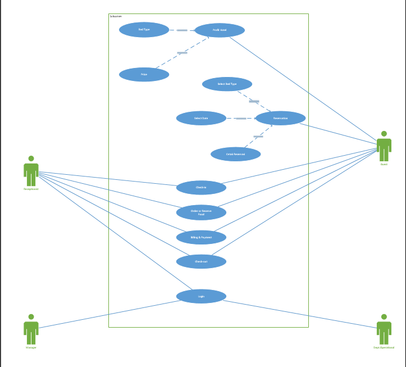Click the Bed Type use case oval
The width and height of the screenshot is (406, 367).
[x=144, y=30]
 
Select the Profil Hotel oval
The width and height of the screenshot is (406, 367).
[x=220, y=30]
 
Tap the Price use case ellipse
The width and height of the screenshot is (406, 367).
[x=144, y=74]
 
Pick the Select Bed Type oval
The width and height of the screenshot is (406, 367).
[x=227, y=84]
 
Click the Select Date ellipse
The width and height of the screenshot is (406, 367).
[x=201, y=118]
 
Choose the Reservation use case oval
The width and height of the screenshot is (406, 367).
[x=280, y=118]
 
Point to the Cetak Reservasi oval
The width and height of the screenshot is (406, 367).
[x=235, y=154]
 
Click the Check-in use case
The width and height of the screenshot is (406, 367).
[x=201, y=188]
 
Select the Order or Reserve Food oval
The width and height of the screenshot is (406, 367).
[x=201, y=212]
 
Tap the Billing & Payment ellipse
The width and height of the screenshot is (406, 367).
[x=201, y=237]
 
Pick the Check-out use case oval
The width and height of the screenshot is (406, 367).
[x=201, y=261]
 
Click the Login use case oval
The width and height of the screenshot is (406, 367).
[x=201, y=296]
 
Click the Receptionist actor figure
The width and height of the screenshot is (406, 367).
[x=31, y=172]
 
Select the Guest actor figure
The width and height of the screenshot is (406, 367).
[x=384, y=147]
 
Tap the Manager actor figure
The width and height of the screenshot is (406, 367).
[x=31, y=330]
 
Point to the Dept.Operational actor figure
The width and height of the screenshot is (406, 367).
[x=384, y=330]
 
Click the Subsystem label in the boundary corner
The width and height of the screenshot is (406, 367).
[x=116, y=16]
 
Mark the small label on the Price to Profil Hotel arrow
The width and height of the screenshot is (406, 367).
[x=182, y=53]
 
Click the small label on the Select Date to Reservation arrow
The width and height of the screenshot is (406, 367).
[x=240, y=118]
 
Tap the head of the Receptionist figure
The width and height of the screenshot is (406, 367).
[x=31, y=158]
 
